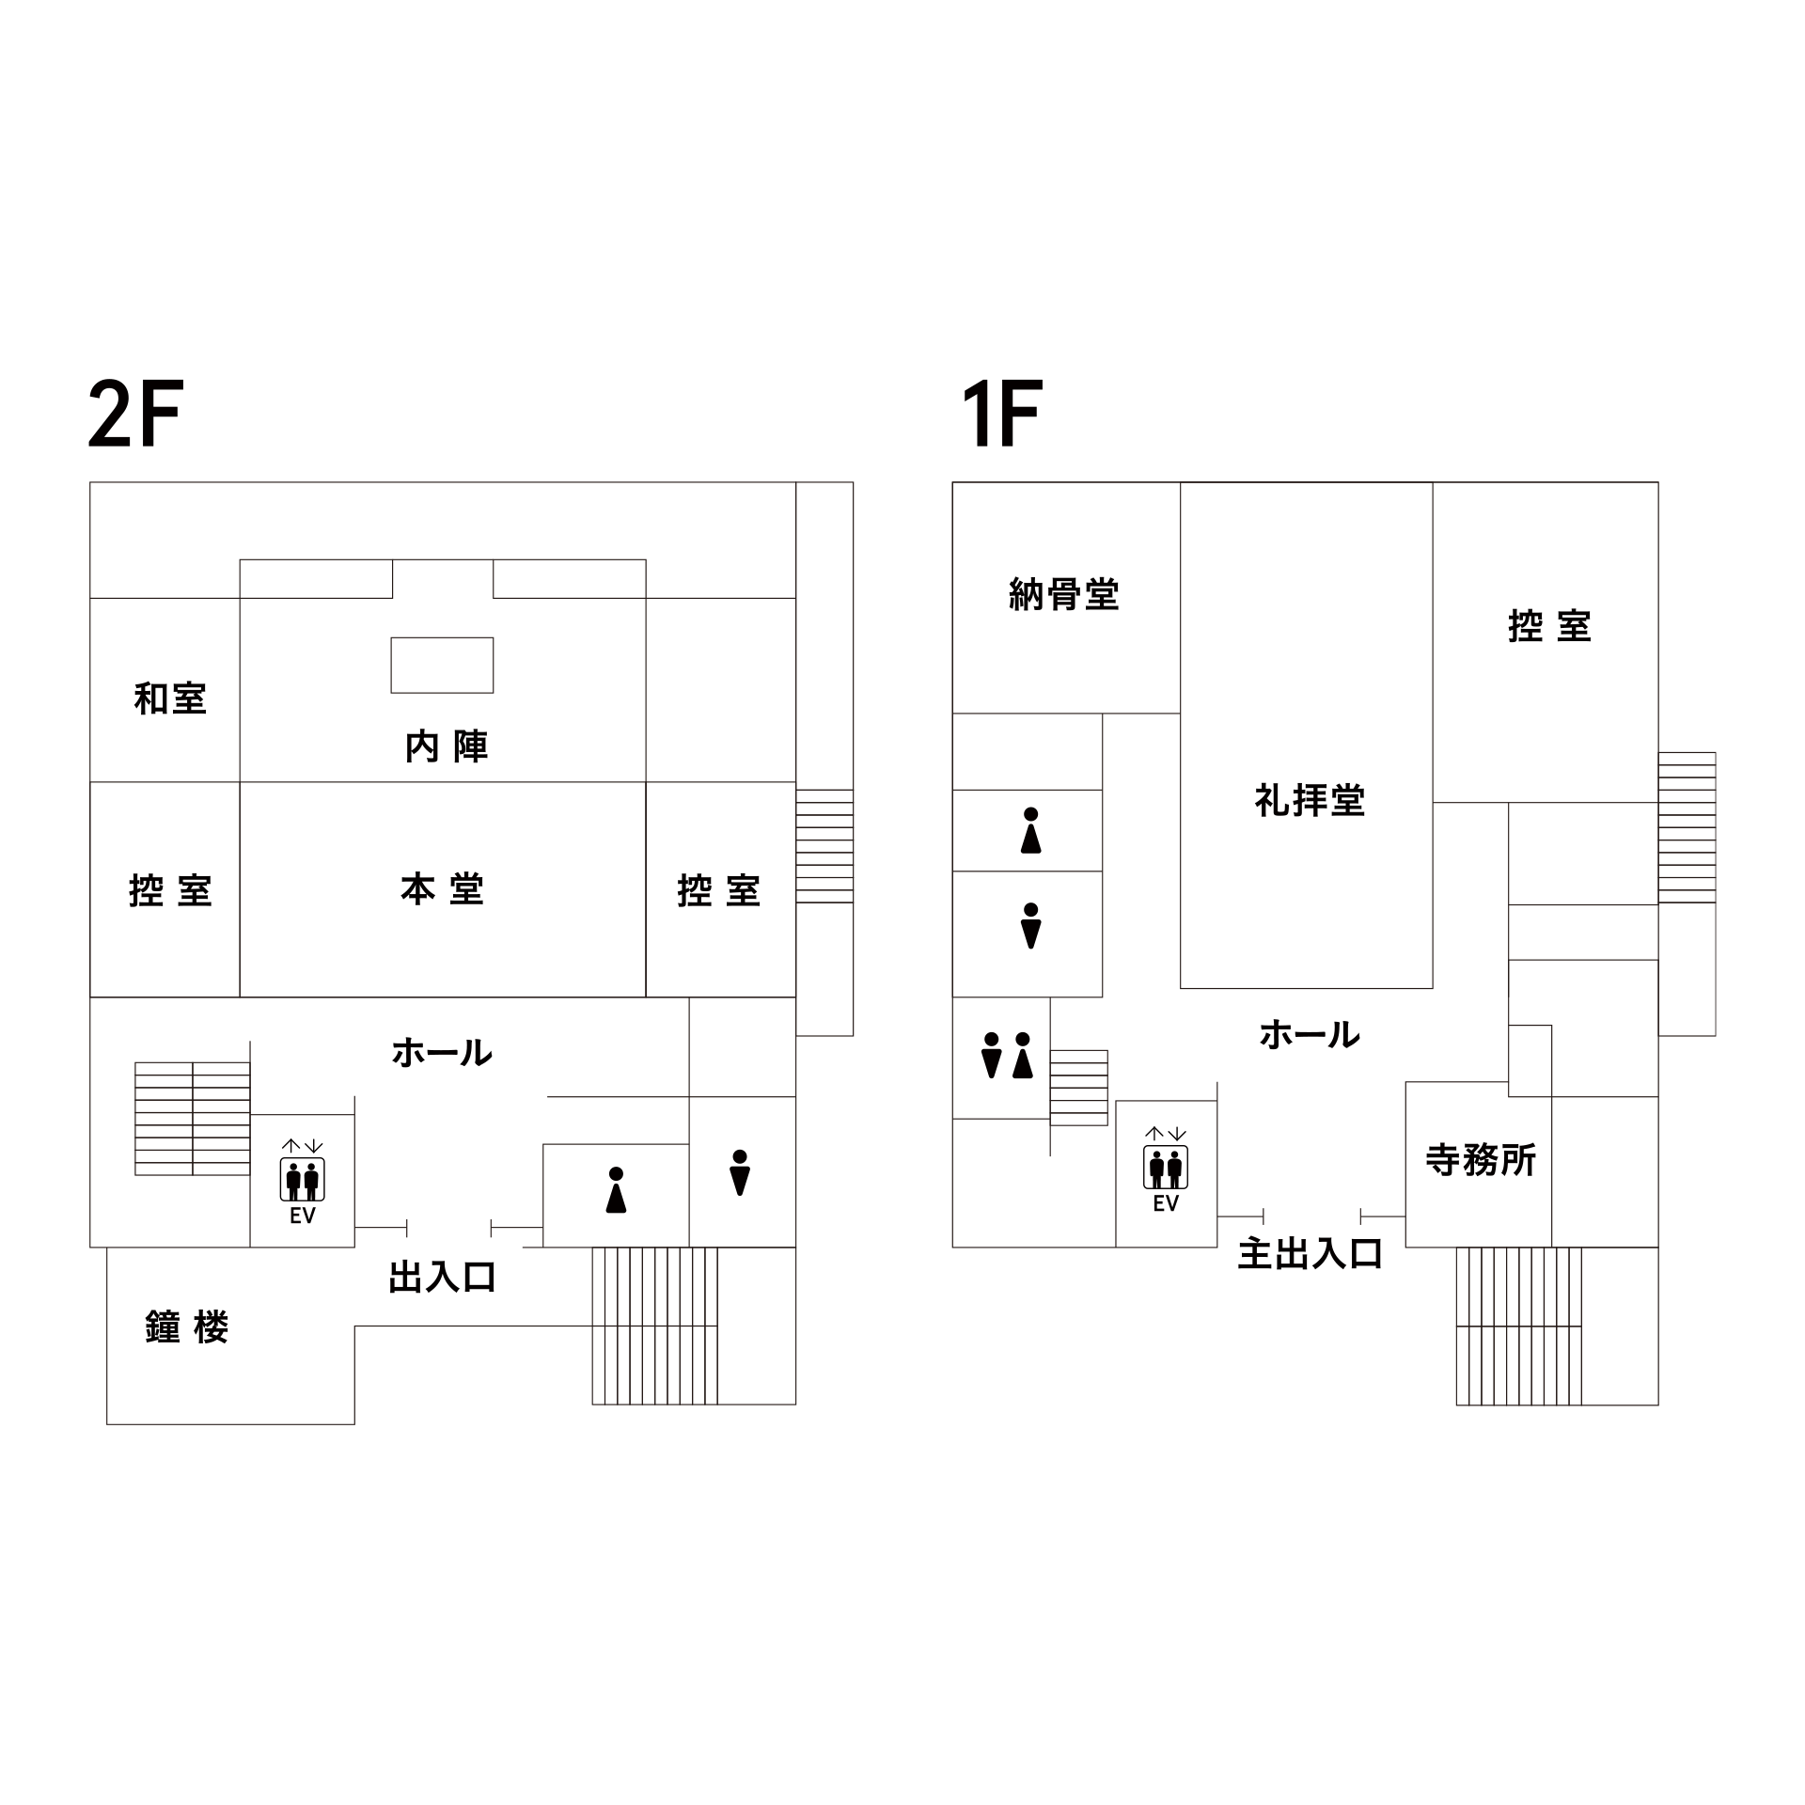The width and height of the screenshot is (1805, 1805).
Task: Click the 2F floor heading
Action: click(x=134, y=414)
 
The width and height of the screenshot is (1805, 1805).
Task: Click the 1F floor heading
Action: click(x=1002, y=414)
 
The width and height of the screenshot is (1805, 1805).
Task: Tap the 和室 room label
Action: click(x=170, y=698)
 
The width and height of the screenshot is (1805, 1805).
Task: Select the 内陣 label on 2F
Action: click(x=447, y=746)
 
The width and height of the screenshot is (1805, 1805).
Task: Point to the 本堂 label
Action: click(x=442, y=889)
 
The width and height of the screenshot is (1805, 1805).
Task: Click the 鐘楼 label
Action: click(x=187, y=1327)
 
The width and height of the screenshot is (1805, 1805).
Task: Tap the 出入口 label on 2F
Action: click(x=442, y=1278)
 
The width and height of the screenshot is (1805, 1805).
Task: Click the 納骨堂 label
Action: click(x=1064, y=594)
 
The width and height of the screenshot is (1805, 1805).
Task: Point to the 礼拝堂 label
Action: click(x=1310, y=800)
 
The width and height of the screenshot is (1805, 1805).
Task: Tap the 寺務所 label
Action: click(x=1481, y=1160)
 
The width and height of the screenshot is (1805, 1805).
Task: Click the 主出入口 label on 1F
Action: click(x=1310, y=1254)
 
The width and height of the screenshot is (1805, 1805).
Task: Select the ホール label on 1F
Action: click(x=1310, y=1035)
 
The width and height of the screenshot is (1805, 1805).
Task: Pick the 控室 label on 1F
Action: click(x=1549, y=626)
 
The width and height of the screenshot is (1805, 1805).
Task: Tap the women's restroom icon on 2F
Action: click(x=616, y=1190)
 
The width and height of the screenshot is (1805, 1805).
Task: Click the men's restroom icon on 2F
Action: click(x=740, y=1172)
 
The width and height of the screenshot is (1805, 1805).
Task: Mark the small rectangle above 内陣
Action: click(x=442, y=665)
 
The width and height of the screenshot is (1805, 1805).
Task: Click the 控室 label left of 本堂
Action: click(x=170, y=890)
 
